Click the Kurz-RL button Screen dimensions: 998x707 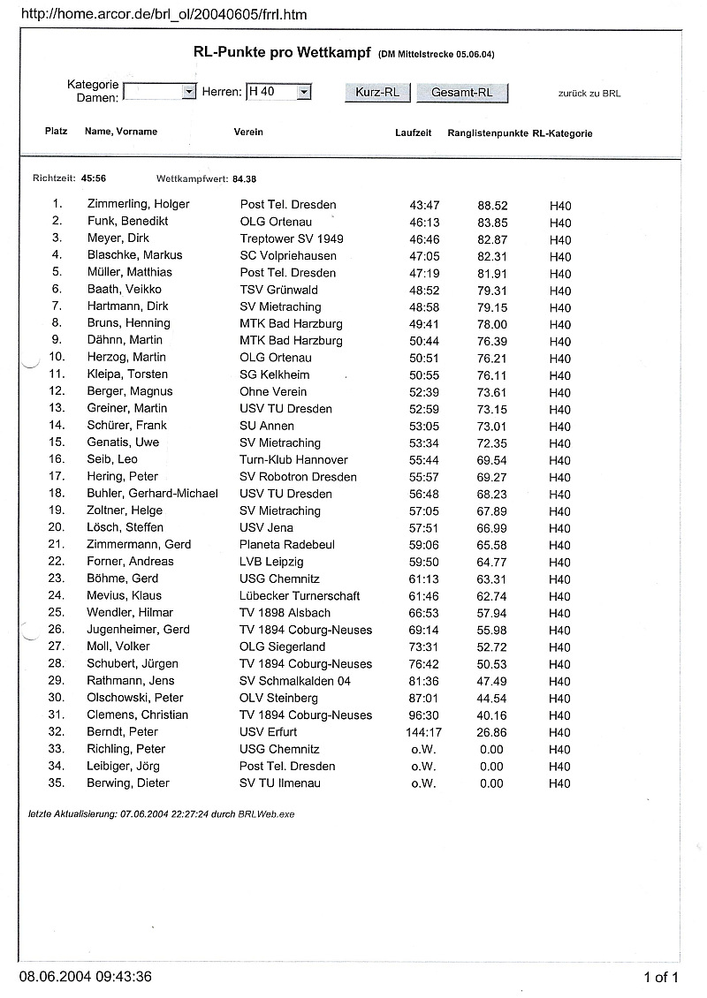click(377, 93)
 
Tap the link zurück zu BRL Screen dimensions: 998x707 click(589, 93)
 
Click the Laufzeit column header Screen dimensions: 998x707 click(413, 132)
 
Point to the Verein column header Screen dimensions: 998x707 click(248, 132)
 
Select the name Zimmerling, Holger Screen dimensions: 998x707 click(138, 204)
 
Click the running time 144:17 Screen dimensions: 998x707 click(424, 732)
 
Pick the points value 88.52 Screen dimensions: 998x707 click(492, 205)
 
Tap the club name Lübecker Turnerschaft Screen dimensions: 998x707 click(300, 595)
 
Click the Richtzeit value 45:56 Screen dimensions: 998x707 click(93, 178)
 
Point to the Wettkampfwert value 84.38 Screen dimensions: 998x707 click(245, 178)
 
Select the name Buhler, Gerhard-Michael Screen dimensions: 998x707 click(152, 494)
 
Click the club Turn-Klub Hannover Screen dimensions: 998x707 click(293, 460)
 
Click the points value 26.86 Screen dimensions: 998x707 click(491, 732)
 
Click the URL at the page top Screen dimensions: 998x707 click(163, 15)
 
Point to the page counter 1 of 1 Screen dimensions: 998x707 click(661, 977)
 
